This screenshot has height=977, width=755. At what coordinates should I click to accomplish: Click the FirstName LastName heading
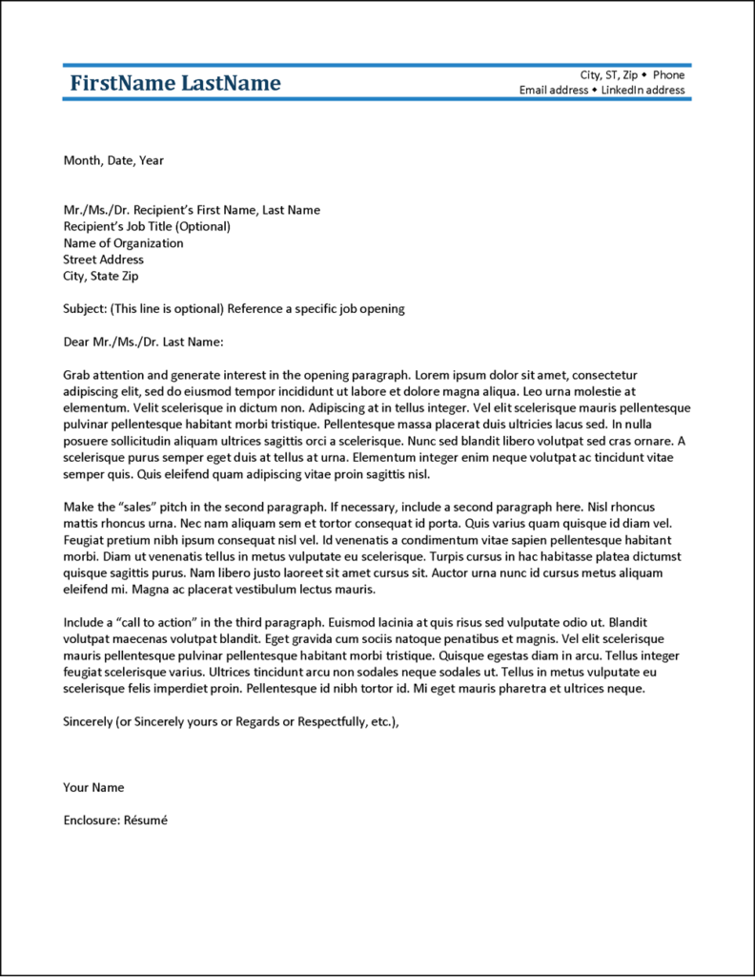(175, 83)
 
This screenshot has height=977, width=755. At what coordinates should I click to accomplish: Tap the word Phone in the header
(668, 74)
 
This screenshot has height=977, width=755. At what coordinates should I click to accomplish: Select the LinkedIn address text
(643, 90)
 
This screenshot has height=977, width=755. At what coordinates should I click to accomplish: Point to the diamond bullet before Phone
(644, 74)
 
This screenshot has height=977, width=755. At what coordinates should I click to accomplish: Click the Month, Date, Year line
(113, 160)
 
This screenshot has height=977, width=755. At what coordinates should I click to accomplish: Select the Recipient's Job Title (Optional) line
(147, 226)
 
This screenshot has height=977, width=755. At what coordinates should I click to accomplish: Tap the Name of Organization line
(123, 243)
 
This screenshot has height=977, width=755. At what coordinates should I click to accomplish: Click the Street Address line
(103, 260)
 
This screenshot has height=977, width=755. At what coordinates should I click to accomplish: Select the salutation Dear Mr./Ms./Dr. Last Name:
(142, 342)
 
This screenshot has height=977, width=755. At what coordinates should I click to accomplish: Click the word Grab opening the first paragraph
(77, 375)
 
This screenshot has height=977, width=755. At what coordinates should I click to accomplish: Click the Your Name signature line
(93, 787)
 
